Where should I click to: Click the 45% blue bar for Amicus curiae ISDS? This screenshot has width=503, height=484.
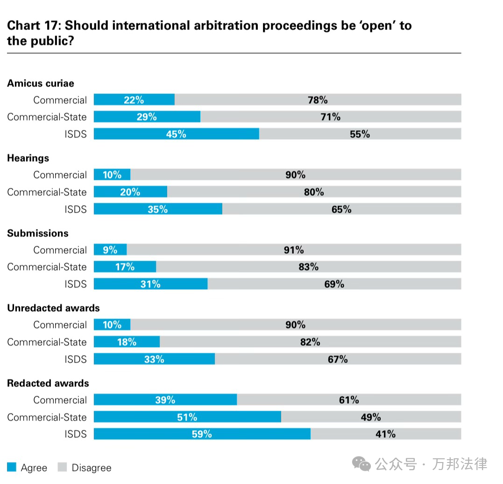(x=177, y=134)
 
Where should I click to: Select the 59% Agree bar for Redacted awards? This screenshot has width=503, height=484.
(x=202, y=434)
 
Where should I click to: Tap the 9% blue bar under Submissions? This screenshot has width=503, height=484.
(x=110, y=250)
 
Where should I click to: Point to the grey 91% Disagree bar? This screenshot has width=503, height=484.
(x=294, y=250)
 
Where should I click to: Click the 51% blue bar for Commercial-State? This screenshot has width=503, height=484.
(x=187, y=417)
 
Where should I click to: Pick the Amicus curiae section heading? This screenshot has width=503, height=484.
(x=41, y=84)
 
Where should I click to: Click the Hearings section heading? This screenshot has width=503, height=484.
(x=28, y=158)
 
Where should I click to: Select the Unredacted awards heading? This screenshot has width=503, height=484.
(x=53, y=308)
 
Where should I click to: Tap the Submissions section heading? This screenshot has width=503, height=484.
(x=38, y=234)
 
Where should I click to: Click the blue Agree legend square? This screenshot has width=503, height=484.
(x=12, y=467)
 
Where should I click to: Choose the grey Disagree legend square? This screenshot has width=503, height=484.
(x=63, y=467)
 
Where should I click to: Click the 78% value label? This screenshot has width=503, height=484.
(x=318, y=100)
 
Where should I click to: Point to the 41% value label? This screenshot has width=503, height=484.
(x=385, y=434)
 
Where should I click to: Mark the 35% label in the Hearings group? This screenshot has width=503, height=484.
(x=157, y=209)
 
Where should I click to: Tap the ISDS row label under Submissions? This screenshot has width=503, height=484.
(x=76, y=284)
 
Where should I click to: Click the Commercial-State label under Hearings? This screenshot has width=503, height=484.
(x=47, y=192)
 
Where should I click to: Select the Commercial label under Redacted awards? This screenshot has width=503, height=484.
(x=60, y=400)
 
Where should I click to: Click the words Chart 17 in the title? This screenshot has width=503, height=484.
(x=33, y=25)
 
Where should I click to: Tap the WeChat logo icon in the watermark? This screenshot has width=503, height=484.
(x=361, y=464)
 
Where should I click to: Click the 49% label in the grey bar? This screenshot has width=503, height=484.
(x=371, y=417)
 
